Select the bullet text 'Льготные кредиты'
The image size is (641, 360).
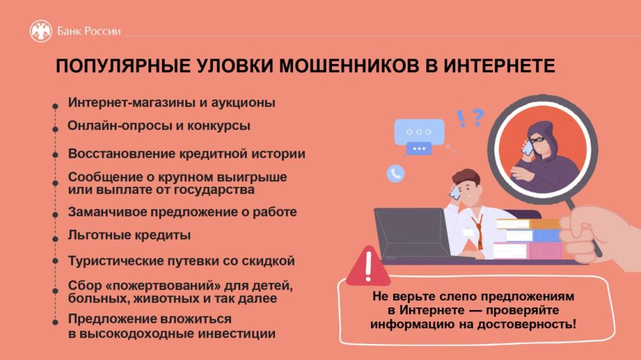coord(129,235)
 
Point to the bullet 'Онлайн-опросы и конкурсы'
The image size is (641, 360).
coord(158,126)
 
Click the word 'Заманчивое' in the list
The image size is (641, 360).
coord(101,211)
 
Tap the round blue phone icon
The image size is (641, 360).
coord(395,172)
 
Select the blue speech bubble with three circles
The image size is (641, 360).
coord(419,132)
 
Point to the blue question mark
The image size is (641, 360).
coord(478,117)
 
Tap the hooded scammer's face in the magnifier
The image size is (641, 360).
coord(536,140)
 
